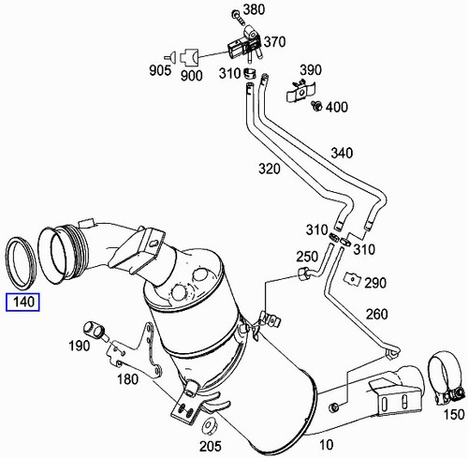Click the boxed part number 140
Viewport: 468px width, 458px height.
click(22, 303)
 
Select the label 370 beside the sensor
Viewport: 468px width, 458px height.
click(274, 43)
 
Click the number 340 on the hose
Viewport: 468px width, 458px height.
click(342, 154)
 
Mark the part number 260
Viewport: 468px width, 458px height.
click(377, 314)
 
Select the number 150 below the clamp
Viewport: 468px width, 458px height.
click(452, 413)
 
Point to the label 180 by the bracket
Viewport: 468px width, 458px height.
click(128, 381)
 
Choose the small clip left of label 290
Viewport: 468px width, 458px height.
click(353, 277)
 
